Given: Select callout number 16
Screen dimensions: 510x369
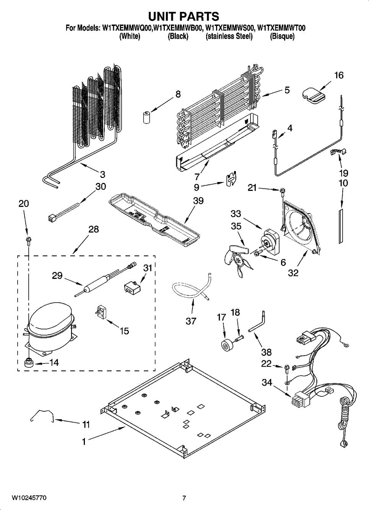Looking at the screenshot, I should [339, 75].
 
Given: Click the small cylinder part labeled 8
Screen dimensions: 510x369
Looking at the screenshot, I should [146, 117].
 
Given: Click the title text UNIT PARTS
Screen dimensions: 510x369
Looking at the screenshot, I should [184, 16].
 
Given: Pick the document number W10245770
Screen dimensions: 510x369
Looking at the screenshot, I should [29, 498].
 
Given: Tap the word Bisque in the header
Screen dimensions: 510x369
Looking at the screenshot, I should [282, 37].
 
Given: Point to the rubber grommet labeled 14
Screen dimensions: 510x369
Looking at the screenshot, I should [28, 362].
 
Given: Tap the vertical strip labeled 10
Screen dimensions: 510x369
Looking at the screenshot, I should [340, 226].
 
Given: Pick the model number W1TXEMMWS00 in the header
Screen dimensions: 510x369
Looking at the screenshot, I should [229, 28].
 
